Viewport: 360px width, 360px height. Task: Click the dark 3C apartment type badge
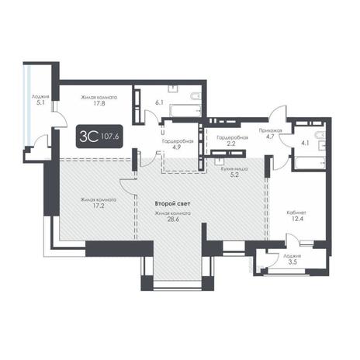pos(99,137)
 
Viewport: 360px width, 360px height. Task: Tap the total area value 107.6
pos(109,136)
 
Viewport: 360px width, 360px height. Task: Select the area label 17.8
pos(99,103)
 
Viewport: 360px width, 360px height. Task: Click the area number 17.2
pos(99,206)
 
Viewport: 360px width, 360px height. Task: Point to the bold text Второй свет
pos(172,204)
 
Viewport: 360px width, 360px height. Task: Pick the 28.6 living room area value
pos(173,220)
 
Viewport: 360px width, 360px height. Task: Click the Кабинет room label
pos(296,213)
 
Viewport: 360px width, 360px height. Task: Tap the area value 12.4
pos(297,219)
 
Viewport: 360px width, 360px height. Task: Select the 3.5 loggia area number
pos(292,262)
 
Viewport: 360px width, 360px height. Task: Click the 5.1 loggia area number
pos(40,102)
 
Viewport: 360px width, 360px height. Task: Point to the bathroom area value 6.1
pos(159,102)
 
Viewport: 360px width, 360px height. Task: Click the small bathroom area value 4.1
pos(305,143)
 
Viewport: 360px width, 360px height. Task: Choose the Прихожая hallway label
pos(271,130)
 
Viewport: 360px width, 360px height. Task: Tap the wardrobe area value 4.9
pos(178,147)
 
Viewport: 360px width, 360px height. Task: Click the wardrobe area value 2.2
pos(231,144)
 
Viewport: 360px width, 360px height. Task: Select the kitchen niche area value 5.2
pos(234,175)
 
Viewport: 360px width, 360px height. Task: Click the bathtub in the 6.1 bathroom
pos(185,110)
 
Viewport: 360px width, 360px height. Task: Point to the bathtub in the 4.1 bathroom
pos(310,163)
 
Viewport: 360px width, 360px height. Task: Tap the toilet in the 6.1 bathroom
pos(196,96)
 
